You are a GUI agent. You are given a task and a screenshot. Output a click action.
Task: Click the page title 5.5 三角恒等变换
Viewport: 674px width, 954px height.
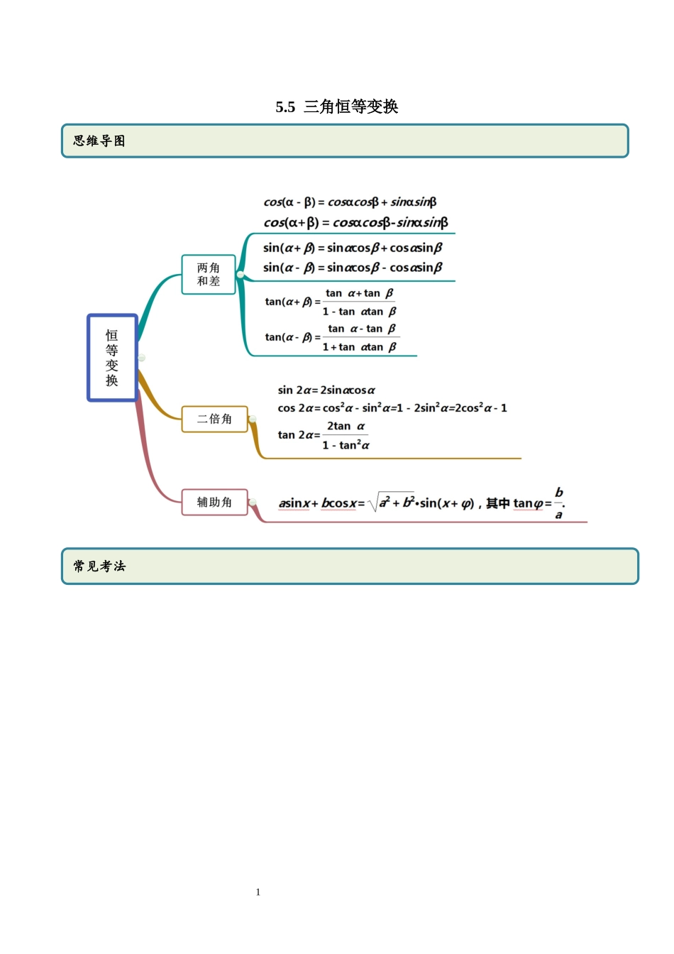[x=337, y=107]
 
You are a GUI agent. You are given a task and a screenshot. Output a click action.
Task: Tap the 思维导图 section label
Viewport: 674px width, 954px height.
[x=99, y=141]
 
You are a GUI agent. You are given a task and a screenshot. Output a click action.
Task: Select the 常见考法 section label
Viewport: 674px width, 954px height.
[x=99, y=566]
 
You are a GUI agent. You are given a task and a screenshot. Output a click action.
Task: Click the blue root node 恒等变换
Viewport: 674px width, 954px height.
[x=112, y=358]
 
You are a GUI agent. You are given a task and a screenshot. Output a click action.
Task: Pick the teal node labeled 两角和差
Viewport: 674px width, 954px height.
[x=209, y=275]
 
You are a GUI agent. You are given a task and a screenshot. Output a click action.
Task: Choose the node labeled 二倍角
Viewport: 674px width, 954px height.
[x=214, y=419]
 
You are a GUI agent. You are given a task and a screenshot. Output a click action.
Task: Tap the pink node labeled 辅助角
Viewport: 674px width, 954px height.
[x=214, y=502]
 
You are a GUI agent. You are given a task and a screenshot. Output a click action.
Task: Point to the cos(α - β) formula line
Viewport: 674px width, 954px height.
[x=350, y=202]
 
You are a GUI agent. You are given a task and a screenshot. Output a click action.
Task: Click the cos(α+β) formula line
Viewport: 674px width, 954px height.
[x=355, y=223]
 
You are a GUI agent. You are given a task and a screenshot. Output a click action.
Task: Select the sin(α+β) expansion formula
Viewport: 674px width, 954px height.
[x=353, y=248]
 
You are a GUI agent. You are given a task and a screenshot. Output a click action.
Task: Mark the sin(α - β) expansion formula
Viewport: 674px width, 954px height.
[x=353, y=268]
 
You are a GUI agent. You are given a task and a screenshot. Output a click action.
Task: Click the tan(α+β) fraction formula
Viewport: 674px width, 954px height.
[x=331, y=302]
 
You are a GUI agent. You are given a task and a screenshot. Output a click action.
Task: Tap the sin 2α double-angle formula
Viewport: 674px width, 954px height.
[x=326, y=390]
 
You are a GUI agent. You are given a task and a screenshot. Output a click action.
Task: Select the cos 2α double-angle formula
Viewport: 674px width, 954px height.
[x=392, y=408]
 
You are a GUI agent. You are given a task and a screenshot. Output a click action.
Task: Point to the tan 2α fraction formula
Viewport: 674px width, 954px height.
[x=324, y=435]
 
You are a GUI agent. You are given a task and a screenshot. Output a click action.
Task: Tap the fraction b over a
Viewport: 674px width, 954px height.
[x=559, y=503]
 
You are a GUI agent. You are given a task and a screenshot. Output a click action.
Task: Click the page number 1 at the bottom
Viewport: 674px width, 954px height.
[x=258, y=892]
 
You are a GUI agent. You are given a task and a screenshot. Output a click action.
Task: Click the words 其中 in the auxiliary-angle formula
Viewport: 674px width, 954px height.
[x=498, y=503]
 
